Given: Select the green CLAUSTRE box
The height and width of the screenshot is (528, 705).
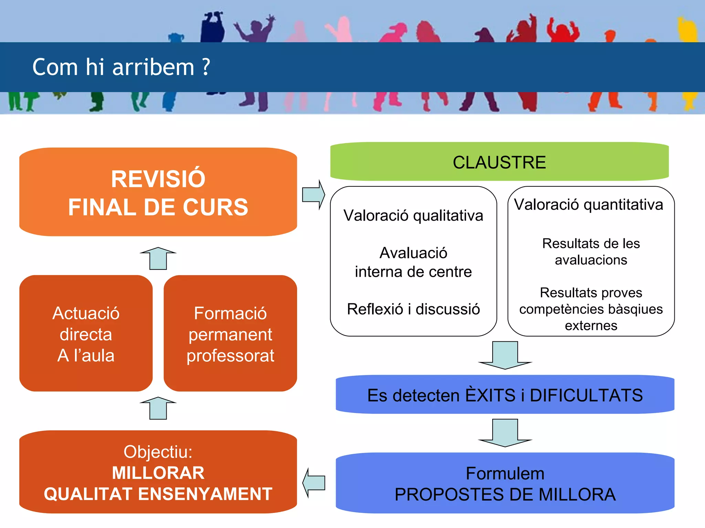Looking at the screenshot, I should pyautogui.click(x=499, y=162).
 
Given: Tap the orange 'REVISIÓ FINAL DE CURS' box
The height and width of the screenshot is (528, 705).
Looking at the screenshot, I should pyautogui.click(x=158, y=192).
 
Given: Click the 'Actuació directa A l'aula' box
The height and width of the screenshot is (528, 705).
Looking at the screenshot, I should pyautogui.click(x=86, y=333).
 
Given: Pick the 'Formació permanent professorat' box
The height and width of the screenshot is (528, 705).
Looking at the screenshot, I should pyautogui.click(x=230, y=333).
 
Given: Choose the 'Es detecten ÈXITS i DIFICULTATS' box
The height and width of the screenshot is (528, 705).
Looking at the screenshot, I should pyautogui.click(x=505, y=395).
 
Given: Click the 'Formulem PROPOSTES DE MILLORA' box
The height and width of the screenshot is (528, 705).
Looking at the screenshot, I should pyautogui.click(x=505, y=483).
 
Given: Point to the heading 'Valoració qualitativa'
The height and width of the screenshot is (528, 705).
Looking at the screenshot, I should pyautogui.click(x=413, y=216).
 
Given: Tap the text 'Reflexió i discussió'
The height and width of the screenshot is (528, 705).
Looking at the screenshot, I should pyautogui.click(x=413, y=309).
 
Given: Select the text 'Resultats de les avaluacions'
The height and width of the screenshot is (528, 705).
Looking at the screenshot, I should pyautogui.click(x=591, y=252).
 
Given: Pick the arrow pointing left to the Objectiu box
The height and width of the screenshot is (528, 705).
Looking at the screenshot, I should pyautogui.click(x=313, y=483).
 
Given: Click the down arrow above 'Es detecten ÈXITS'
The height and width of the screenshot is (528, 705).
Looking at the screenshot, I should pyautogui.click(x=505, y=355).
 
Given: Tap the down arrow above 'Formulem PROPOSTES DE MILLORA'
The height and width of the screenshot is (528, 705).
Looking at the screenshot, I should pyautogui.click(x=505, y=433).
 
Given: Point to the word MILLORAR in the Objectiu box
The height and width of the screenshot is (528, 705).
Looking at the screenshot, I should pyautogui.click(x=158, y=473).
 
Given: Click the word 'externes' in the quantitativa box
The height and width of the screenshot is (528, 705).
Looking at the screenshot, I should pyautogui.click(x=591, y=326).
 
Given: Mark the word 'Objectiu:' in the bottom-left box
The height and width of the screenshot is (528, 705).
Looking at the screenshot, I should pyautogui.click(x=158, y=452).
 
